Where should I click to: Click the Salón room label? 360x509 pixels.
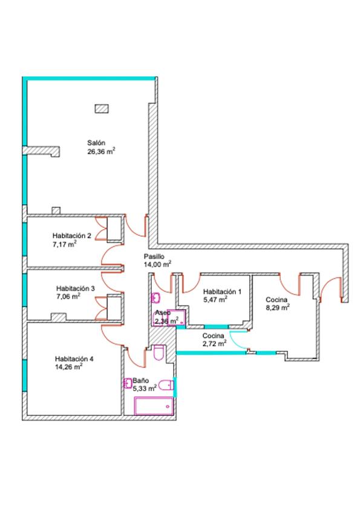coord(96,143)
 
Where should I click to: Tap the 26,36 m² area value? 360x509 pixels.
coord(101,151)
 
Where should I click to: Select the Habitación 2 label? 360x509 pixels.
coord(72,236)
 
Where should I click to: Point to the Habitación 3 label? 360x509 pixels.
coord(76,288)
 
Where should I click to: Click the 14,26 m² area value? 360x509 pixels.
coord(68,367)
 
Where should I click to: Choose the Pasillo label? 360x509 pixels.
coord(154,256)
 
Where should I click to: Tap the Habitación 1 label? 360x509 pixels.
coord(222,291)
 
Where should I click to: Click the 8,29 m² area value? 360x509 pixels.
coord(278,308)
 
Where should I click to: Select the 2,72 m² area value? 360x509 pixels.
coord(214,343)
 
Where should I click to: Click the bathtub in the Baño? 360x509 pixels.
coord(154,406)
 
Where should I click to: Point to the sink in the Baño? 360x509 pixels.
coord(128,383)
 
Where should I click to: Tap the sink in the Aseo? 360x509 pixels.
coord(156,297)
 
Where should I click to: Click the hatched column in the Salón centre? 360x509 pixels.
coord(102,109)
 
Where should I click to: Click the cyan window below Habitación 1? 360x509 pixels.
coord(216,326)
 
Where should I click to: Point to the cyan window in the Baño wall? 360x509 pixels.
coord(175,387)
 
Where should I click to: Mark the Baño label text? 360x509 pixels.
coord(141,380)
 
